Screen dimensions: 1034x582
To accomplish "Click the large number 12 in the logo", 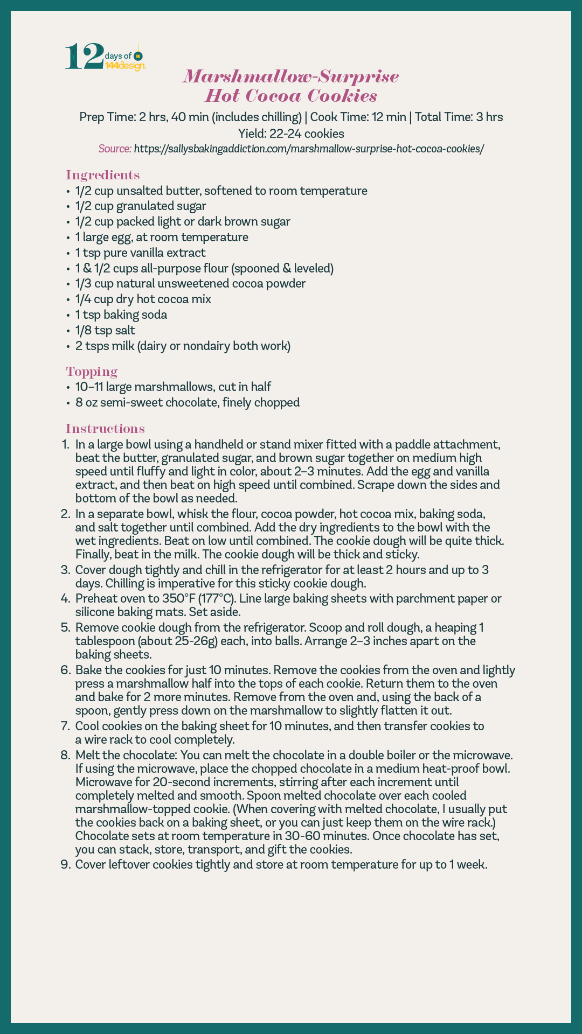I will tap(84, 57).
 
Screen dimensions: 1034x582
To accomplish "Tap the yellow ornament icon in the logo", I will tap(138, 56).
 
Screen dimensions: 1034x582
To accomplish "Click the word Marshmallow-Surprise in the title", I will tap(291, 76).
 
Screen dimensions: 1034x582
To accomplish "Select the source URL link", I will tap(308, 149).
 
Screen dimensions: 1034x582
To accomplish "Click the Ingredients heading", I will tap(102, 175).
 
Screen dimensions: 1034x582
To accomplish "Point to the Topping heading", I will tap(92, 372).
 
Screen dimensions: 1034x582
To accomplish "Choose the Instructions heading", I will tap(105, 429).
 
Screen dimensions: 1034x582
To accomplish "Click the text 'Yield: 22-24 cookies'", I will tap(291, 133).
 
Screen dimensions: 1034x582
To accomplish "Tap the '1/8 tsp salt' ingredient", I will tap(105, 330).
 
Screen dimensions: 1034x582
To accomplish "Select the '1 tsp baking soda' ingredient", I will tap(121, 315).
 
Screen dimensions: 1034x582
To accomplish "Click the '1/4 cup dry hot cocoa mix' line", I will tap(143, 299).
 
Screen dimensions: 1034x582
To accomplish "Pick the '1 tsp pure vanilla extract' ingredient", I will tap(141, 253).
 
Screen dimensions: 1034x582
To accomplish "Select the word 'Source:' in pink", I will tap(115, 149).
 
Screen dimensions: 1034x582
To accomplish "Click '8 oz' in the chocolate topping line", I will tap(85, 402).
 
